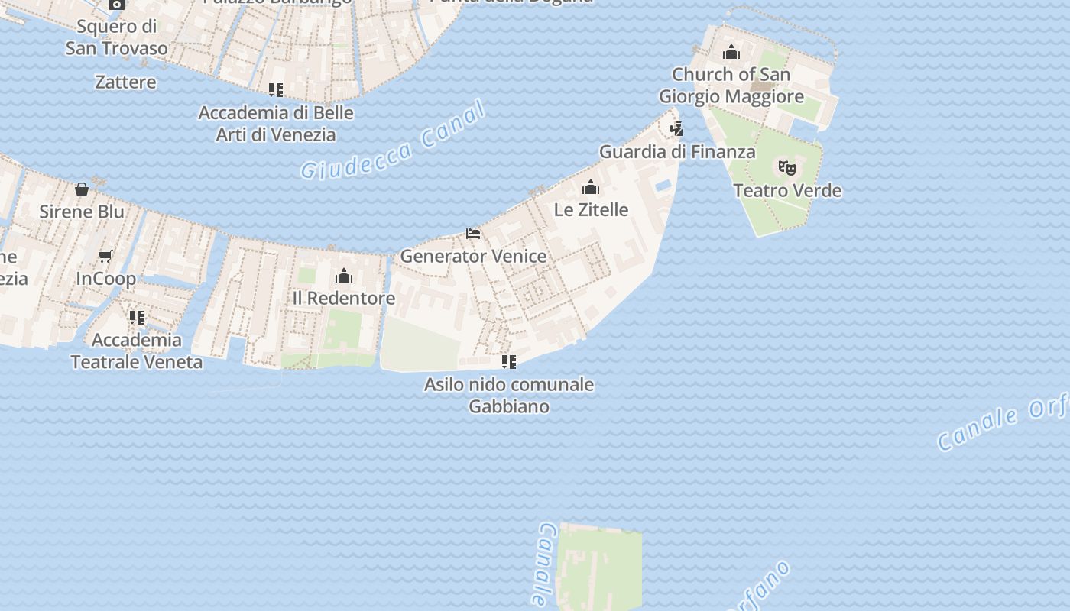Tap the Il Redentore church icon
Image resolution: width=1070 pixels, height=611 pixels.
pos(344,276)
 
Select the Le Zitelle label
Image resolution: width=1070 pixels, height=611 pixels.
pos(591,209)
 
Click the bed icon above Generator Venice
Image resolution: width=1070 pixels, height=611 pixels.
pos(473,233)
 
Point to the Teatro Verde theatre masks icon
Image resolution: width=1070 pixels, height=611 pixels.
pos(786,168)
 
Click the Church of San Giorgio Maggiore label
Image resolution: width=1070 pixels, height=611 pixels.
pos(731,86)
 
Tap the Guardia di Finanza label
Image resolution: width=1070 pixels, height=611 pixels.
pos(677,151)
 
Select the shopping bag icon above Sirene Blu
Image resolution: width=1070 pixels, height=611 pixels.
pos(82,189)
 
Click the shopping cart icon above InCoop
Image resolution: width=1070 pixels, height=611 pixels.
pos(105,257)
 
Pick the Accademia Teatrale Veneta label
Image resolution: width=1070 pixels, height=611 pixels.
pos(137,351)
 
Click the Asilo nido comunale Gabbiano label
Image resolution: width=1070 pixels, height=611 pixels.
pos(509,395)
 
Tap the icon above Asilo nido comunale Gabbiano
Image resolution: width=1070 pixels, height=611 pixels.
pos(508,361)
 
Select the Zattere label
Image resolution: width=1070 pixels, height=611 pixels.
pos(125,82)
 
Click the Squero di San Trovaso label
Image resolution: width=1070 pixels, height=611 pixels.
pos(116,37)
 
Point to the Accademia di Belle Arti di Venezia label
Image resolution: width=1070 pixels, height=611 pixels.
pos(276,124)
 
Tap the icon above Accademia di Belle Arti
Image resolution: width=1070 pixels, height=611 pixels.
pos(276,90)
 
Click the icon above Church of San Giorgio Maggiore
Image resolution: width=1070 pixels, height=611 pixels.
pos(731,52)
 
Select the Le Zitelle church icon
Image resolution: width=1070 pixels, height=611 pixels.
pos(591,187)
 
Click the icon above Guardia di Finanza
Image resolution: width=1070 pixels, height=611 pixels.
pos(676,128)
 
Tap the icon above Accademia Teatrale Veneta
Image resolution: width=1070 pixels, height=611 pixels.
pos(137,317)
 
